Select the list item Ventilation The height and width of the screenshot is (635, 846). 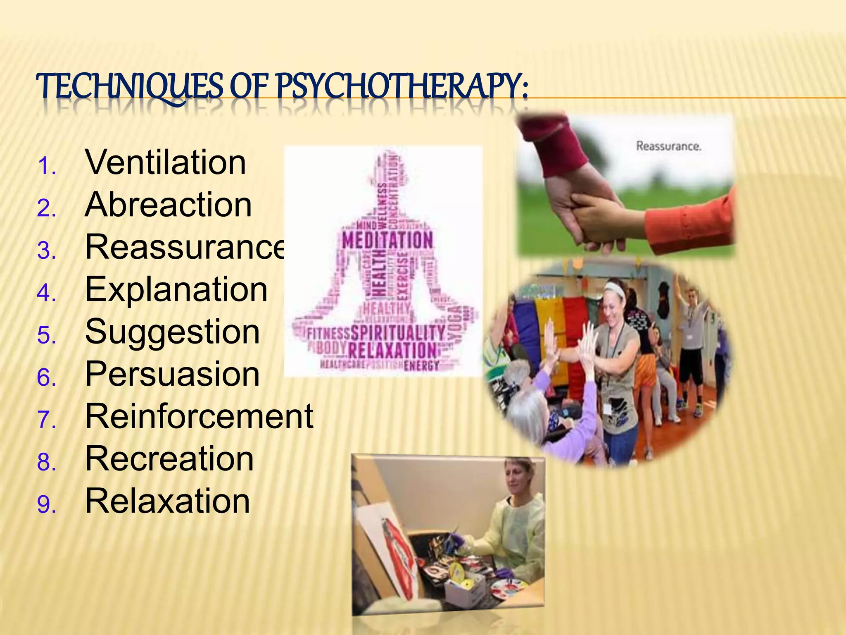click(x=165, y=162)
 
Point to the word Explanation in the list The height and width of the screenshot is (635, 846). click(x=176, y=289)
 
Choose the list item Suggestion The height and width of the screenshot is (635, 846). click(x=172, y=332)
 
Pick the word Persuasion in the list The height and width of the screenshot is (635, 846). click(x=172, y=374)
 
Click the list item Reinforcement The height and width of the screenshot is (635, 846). click(x=199, y=416)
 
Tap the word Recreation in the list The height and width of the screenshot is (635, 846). click(x=169, y=459)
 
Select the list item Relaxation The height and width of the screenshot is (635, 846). click(x=167, y=501)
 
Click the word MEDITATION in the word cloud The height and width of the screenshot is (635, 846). click(x=387, y=241)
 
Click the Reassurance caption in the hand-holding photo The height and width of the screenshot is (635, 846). click(x=668, y=146)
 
